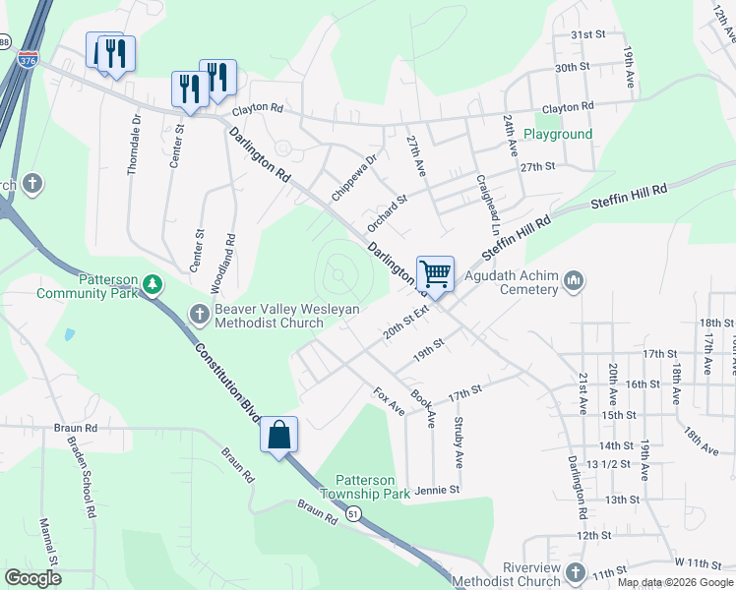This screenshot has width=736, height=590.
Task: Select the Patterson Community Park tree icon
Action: click(152, 284)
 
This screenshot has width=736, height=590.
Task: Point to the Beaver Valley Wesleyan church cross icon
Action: click(198, 315)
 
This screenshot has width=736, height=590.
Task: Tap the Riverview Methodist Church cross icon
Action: click(575, 571)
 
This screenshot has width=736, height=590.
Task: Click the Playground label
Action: click(558, 134)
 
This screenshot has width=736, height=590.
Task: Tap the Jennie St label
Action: click(438, 489)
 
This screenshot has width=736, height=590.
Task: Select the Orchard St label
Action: click(388, 213)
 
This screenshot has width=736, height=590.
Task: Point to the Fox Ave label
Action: click(390, 400)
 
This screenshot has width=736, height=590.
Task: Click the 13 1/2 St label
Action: click(607, 463)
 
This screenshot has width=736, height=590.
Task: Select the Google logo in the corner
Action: click(33, 578)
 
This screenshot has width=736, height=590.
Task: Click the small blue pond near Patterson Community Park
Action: click(68, 334)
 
